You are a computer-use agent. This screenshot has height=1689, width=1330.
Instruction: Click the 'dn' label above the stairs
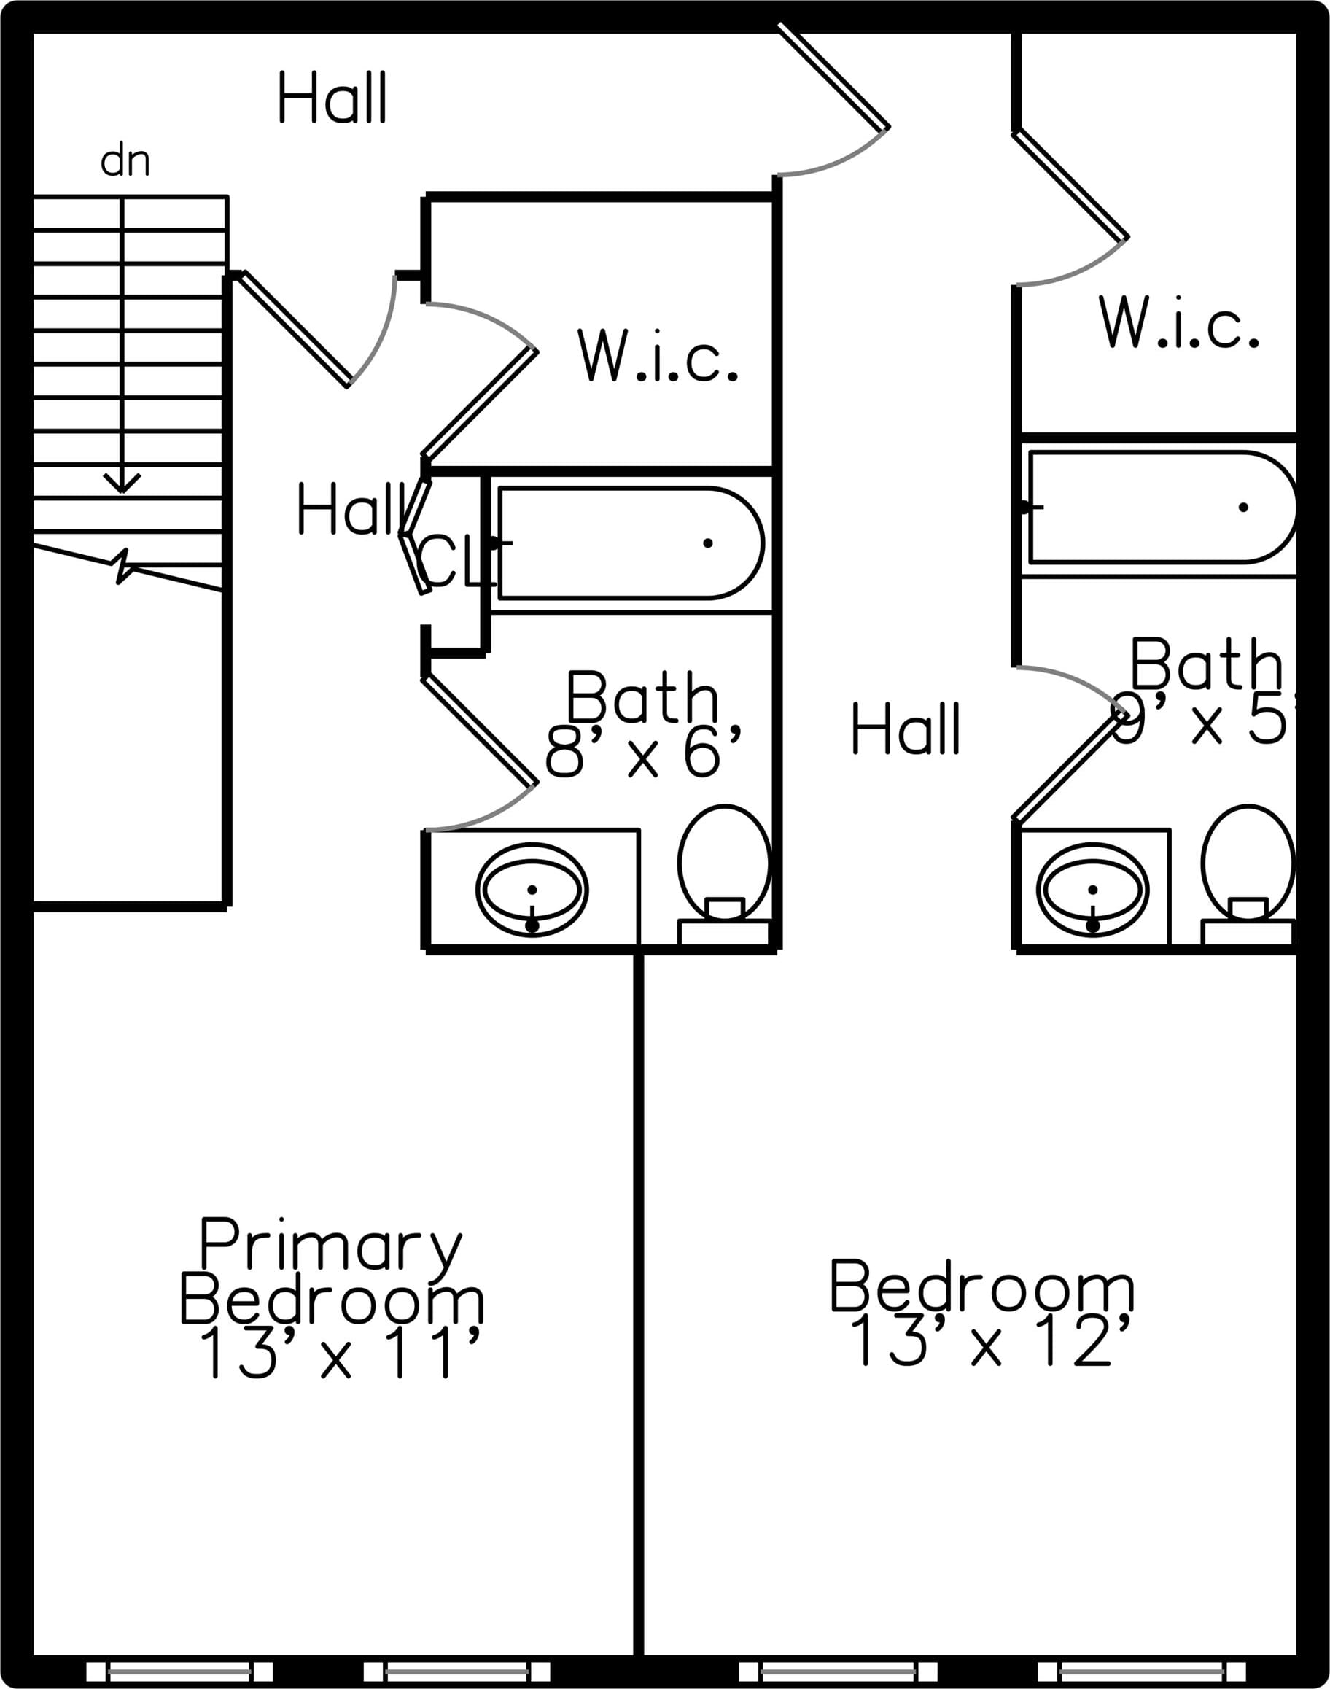[x=125, y=161]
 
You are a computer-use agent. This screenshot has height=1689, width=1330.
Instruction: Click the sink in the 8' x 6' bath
[x=532, y=889]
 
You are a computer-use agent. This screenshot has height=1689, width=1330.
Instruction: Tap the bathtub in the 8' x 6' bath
[x=631, y=543]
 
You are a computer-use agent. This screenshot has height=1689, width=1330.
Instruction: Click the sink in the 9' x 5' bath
[x=1092, y=889]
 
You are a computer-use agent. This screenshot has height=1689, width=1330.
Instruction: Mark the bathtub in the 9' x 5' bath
[x=1160, y=507]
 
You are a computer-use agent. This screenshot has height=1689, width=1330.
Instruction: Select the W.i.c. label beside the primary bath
[x=656, y=355]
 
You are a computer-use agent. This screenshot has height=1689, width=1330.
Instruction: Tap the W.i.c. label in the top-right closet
[x=1178, y=322]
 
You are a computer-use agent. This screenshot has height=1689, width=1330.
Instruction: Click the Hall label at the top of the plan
[x=332, y=98]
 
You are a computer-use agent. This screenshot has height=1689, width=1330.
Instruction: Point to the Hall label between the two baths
[x=906, y=728]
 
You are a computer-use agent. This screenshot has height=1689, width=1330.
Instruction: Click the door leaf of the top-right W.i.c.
[x=1070, y=185]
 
